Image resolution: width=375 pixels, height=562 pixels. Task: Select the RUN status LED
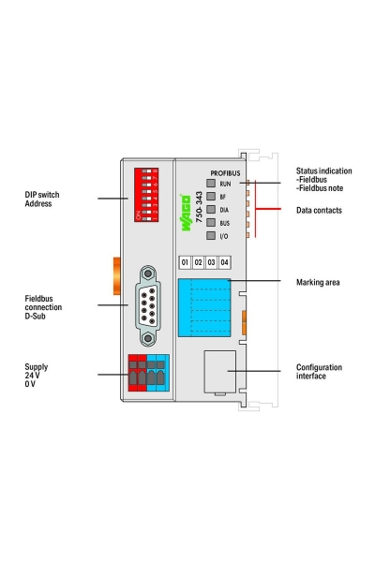[x=211, y=185]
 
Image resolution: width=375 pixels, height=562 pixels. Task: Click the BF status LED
[x=211, y=198]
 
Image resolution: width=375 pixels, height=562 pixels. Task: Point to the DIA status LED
[x=211, y=211]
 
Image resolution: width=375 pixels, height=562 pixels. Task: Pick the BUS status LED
[x=211, y=224]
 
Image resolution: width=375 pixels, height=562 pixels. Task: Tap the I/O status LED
[x=211, y=237]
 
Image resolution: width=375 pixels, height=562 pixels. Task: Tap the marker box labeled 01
[x=186, y=261]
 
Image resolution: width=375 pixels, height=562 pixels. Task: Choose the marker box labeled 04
[x=224, y=261]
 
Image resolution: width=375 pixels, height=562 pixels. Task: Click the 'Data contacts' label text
[x=319, y=211]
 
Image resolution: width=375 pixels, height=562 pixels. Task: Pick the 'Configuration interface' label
[x=319, y=373]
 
